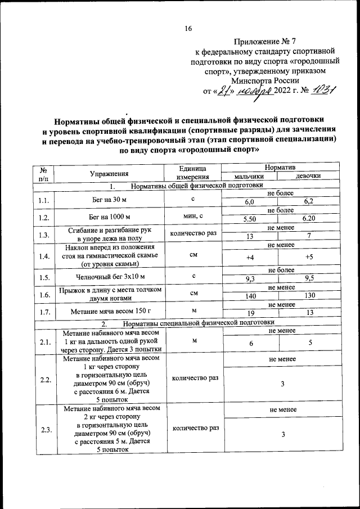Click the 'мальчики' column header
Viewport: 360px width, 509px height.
249,177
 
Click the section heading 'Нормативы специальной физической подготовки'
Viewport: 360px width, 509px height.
197,323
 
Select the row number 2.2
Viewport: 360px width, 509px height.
43,379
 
